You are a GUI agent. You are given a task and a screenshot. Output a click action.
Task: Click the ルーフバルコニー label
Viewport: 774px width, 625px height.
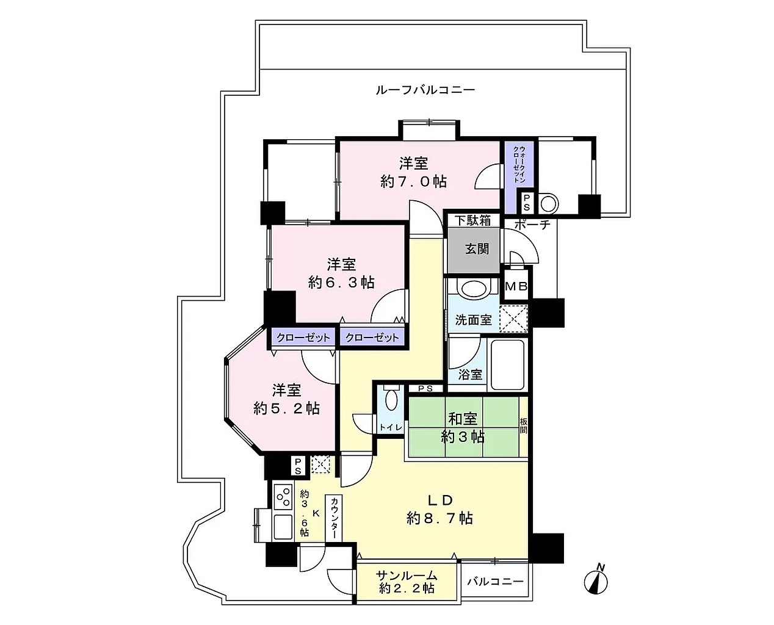point(425,90)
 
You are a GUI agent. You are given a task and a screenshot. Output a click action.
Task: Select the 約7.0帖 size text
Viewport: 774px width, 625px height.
point(413,181)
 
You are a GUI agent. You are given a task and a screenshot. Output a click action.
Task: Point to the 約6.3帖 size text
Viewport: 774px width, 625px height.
point(341,283)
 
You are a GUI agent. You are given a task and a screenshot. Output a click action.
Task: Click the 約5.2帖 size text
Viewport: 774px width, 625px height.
point(286,409)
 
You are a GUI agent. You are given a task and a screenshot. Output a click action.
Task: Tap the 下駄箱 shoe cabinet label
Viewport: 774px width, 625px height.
point(473,220)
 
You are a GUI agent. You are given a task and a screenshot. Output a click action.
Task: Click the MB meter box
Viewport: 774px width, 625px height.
point(516,287)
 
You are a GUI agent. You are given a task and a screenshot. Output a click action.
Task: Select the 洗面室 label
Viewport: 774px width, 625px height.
point(473,320)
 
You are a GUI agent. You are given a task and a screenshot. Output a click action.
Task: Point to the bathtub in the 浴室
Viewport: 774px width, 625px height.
point(507,365)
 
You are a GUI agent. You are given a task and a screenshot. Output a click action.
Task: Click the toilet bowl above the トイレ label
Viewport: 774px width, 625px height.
point(391,399)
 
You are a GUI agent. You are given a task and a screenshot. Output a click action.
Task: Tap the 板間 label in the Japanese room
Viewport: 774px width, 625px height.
point(523,425)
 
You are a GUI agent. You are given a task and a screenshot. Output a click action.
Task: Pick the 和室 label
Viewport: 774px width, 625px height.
point(463,419)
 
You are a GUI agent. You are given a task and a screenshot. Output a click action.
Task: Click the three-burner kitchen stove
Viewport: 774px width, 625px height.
point(283,497)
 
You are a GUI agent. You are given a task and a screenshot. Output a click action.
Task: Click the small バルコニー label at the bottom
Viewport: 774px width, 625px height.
point(495,582)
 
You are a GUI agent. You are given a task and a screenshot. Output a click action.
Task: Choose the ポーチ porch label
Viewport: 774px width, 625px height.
point(532,225)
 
